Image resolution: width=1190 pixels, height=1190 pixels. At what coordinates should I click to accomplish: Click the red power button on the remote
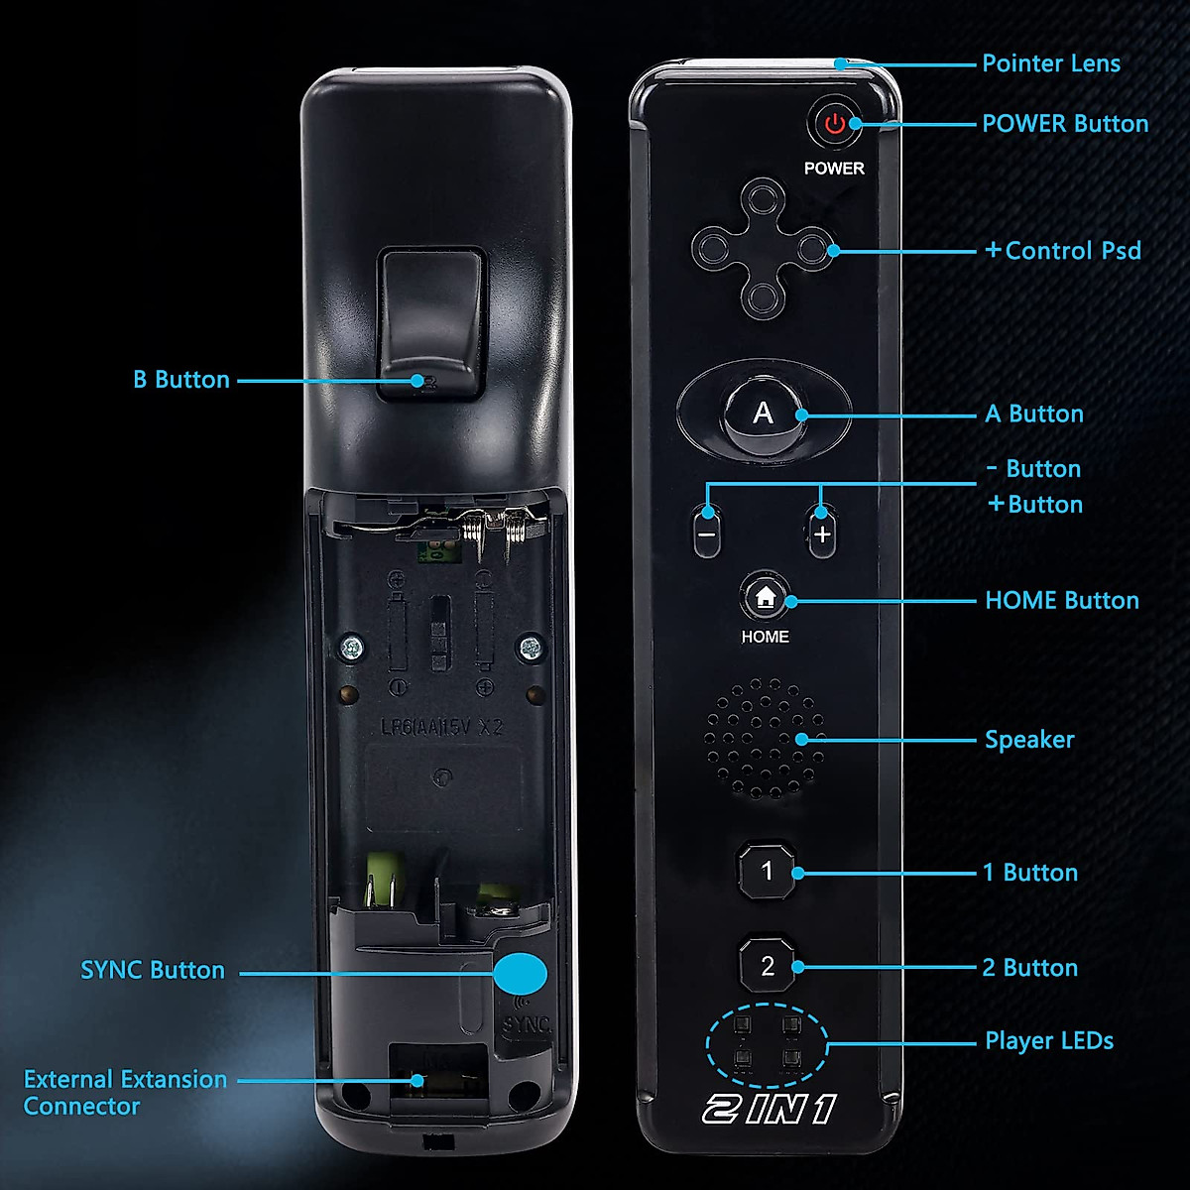835,124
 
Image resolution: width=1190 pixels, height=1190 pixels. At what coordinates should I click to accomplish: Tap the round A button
763,414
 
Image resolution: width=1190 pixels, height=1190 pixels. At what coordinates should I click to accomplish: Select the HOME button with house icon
765,597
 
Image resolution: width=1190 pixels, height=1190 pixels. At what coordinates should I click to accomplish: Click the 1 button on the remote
767,872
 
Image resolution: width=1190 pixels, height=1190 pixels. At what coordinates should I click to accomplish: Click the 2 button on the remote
768,966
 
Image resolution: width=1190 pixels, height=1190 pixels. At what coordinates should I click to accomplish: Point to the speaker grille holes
765,739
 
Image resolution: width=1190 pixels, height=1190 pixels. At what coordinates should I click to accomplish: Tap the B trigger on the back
430,325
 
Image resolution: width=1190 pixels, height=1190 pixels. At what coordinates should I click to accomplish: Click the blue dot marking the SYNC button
520,974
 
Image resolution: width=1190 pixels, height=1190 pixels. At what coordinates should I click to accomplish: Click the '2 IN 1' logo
770,1109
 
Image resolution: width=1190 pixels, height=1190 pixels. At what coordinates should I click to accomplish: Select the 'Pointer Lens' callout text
1050,63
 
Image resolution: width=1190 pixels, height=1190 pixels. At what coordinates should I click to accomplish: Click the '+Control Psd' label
1063,251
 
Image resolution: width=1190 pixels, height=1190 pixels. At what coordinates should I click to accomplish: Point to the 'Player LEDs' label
1048,1041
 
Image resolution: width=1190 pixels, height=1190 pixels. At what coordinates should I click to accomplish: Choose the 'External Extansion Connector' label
125,1092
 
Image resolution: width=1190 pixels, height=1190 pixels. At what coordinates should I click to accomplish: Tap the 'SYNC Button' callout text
153,970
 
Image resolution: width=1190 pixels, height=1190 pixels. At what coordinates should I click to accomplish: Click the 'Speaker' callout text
1028,740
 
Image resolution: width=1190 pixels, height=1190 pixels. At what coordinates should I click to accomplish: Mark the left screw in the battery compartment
352,650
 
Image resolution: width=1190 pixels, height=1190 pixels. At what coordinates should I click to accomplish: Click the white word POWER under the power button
834,169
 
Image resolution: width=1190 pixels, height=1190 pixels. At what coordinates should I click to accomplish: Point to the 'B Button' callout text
181,380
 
